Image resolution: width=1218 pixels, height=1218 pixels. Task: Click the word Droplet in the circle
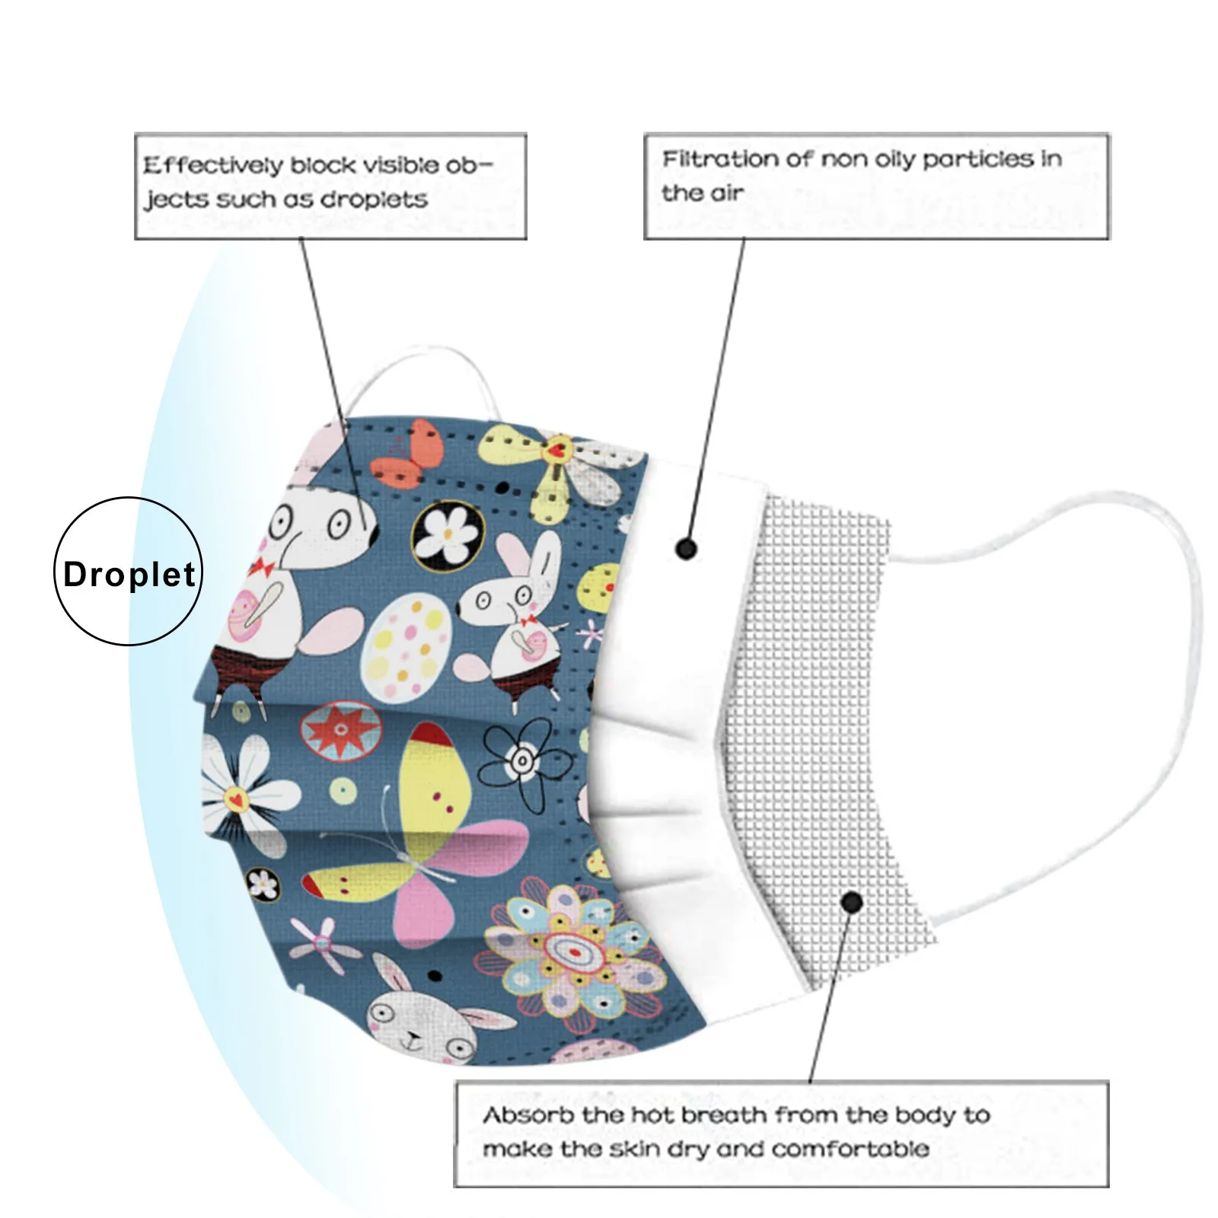129,574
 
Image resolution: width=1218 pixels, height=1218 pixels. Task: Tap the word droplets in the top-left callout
374,199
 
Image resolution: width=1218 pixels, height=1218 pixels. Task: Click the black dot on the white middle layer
686,548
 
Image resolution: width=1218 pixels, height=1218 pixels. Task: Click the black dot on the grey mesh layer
852,903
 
